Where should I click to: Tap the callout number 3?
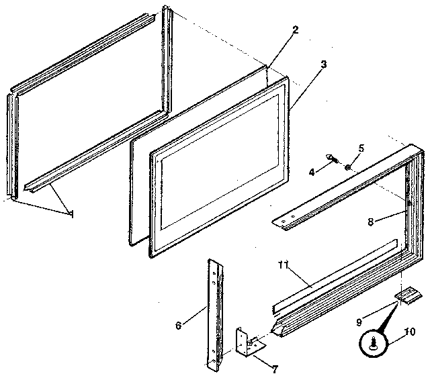pyautogui.click(x=324, y=64)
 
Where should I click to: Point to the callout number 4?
pyautogui.click(x=311, y=173)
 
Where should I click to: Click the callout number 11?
pyautogui.click(x=283, y=264)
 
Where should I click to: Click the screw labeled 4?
pyautogui.click(x=333, y=159)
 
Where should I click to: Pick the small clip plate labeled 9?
pyautogui.click(x=408, y=295)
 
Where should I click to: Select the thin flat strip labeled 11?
pyautogui.click(x=336, y=277)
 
